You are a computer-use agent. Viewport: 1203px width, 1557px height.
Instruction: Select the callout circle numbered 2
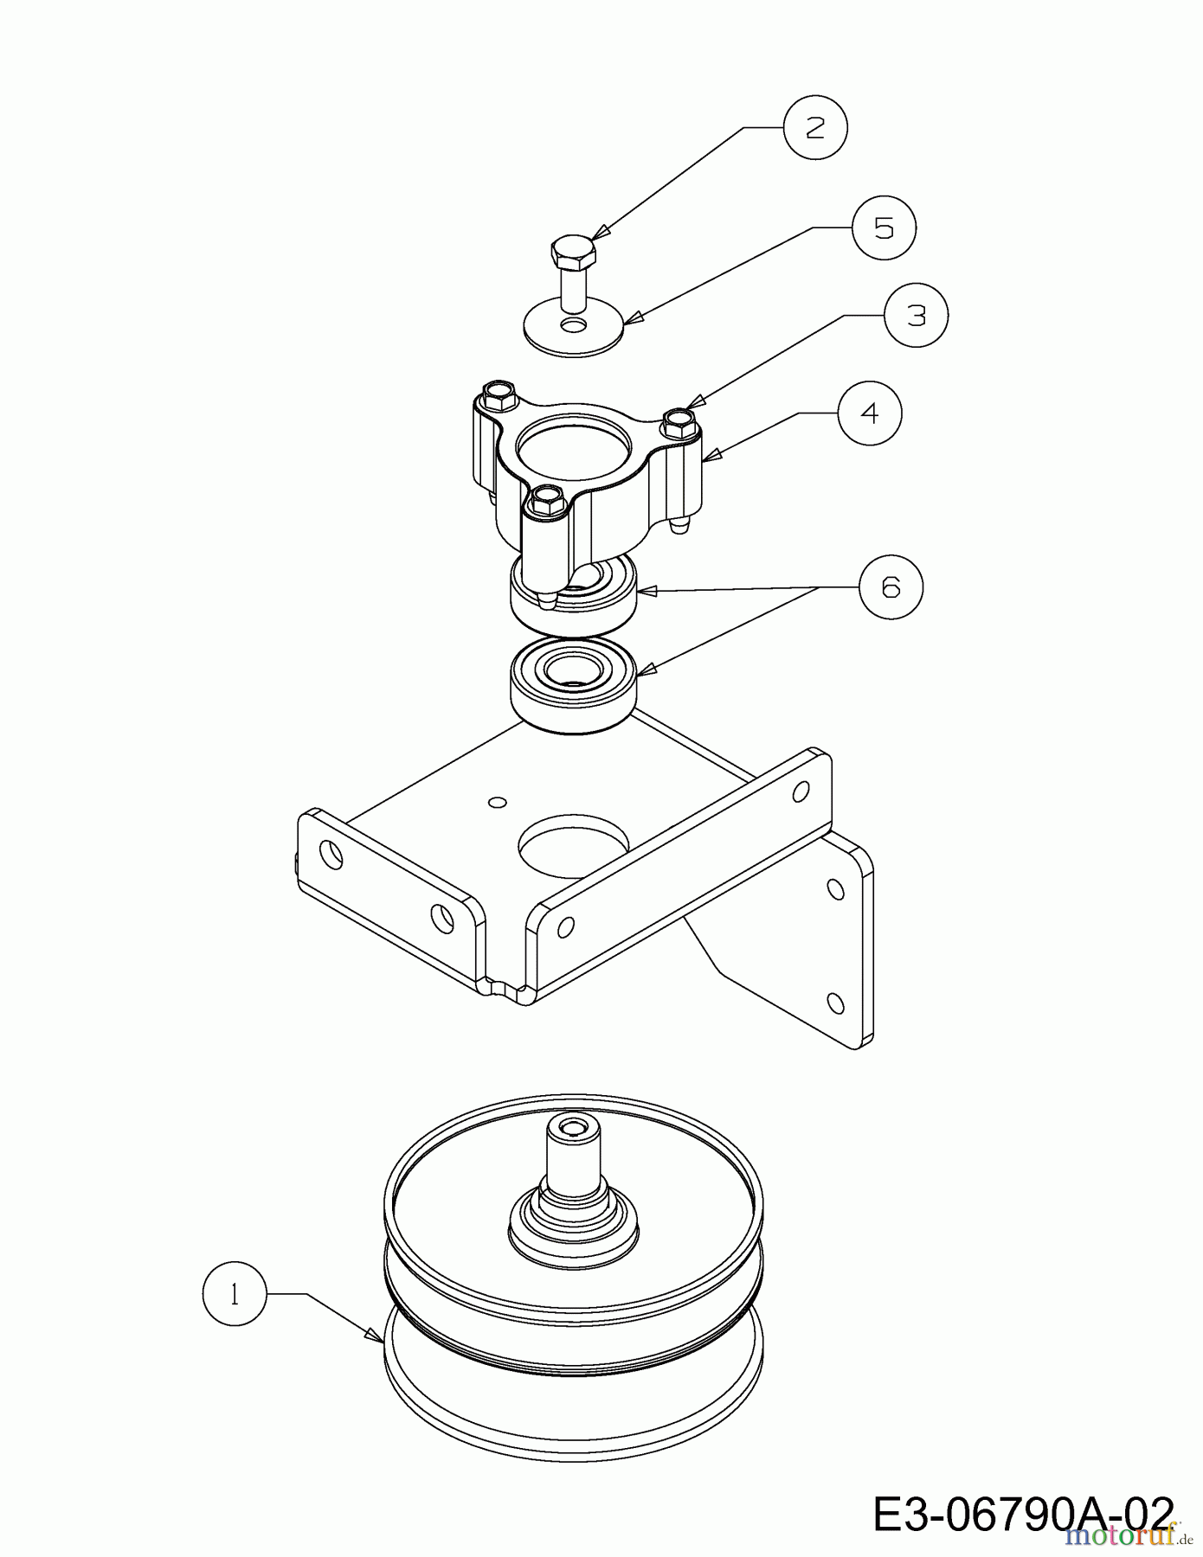click(815, 127)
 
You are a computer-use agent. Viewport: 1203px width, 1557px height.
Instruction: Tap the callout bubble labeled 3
click(916, 316)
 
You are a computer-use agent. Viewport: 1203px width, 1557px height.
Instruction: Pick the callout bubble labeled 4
click(869, 413)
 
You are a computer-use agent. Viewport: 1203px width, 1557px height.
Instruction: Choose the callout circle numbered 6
click(891, 587)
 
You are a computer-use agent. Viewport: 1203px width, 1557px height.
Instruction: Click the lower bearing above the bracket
click(574, 688)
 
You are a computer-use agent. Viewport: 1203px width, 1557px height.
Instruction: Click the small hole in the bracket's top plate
click(496, 802)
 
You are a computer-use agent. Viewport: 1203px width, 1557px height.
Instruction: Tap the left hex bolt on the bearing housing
click(499, 394)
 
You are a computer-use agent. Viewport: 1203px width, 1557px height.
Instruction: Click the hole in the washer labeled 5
click(573, 324)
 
